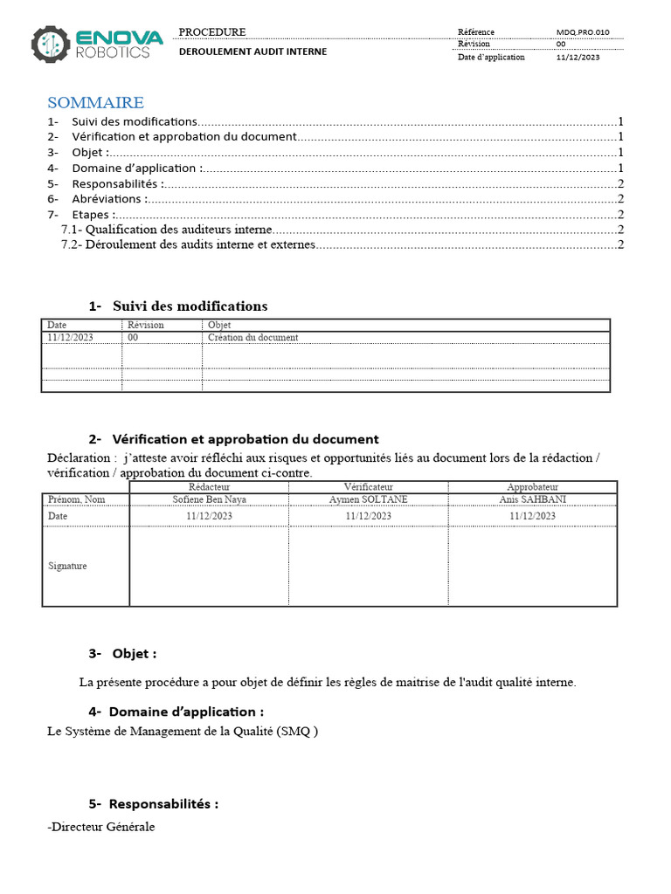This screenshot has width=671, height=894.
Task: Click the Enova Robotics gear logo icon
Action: [x=50, y=44]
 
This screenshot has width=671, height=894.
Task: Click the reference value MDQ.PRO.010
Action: [x=583, y=32]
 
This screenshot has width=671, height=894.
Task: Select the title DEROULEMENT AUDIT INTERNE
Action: [x=252, y=52]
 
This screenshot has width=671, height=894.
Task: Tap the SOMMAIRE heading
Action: [x=95, y=103]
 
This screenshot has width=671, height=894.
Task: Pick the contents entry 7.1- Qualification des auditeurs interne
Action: [x=167, y=230]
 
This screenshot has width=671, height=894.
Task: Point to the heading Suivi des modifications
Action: [x=190, y=306]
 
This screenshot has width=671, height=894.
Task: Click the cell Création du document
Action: [x=252, y=337]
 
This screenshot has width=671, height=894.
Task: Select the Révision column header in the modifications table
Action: [x=145, y=325]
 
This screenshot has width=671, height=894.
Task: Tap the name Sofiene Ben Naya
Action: [x=209, y=499]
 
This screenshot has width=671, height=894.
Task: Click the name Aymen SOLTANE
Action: [x=368, y=499]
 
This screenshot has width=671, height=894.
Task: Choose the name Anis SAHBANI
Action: [x=532, y=499]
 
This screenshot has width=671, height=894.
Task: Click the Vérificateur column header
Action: [x=368, y=487]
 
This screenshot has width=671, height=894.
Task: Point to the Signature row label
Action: [x=67, y=566]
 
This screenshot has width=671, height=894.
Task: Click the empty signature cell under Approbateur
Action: [x=532, y=566]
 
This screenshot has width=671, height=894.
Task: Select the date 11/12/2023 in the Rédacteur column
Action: [x=209, y=516]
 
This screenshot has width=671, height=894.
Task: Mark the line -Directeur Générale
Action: [x=100, y=827]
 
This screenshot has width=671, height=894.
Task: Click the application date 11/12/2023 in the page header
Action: [x=578, y=58]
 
